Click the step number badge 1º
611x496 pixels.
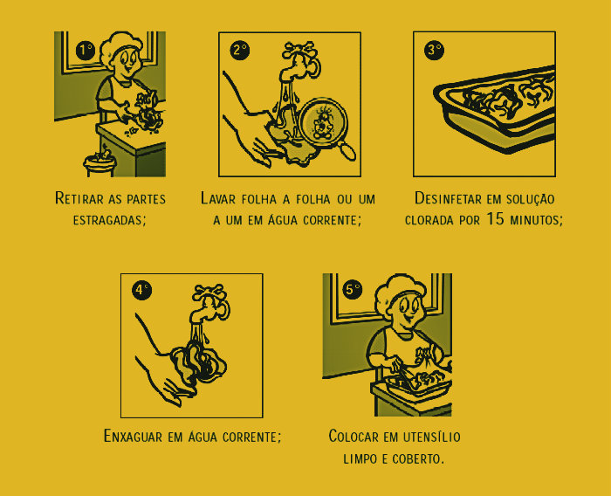pyautogui.click(x=85, y=50)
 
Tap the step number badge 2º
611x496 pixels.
pyautogui.click(x=240, y=50)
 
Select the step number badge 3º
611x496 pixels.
pyautogui.click(x=434, y=50)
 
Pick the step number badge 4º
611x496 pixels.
pyautogui.click(x=141, y=291)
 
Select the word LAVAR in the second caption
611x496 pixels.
pyautogui.click(x=220, y=198)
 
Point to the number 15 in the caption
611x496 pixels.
pyautogui.click(x=496, y=219)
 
